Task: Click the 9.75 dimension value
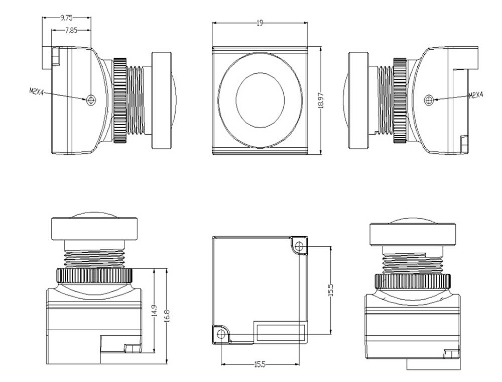66,18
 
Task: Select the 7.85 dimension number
71,30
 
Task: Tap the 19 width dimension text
260,23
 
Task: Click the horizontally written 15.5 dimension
262,363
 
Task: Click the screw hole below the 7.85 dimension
90,100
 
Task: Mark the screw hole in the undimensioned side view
429,100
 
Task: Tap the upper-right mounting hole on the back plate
300,246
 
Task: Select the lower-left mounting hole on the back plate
220,334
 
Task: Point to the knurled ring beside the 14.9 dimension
94,275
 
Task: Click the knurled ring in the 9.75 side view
119,100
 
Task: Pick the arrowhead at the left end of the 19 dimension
214,23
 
